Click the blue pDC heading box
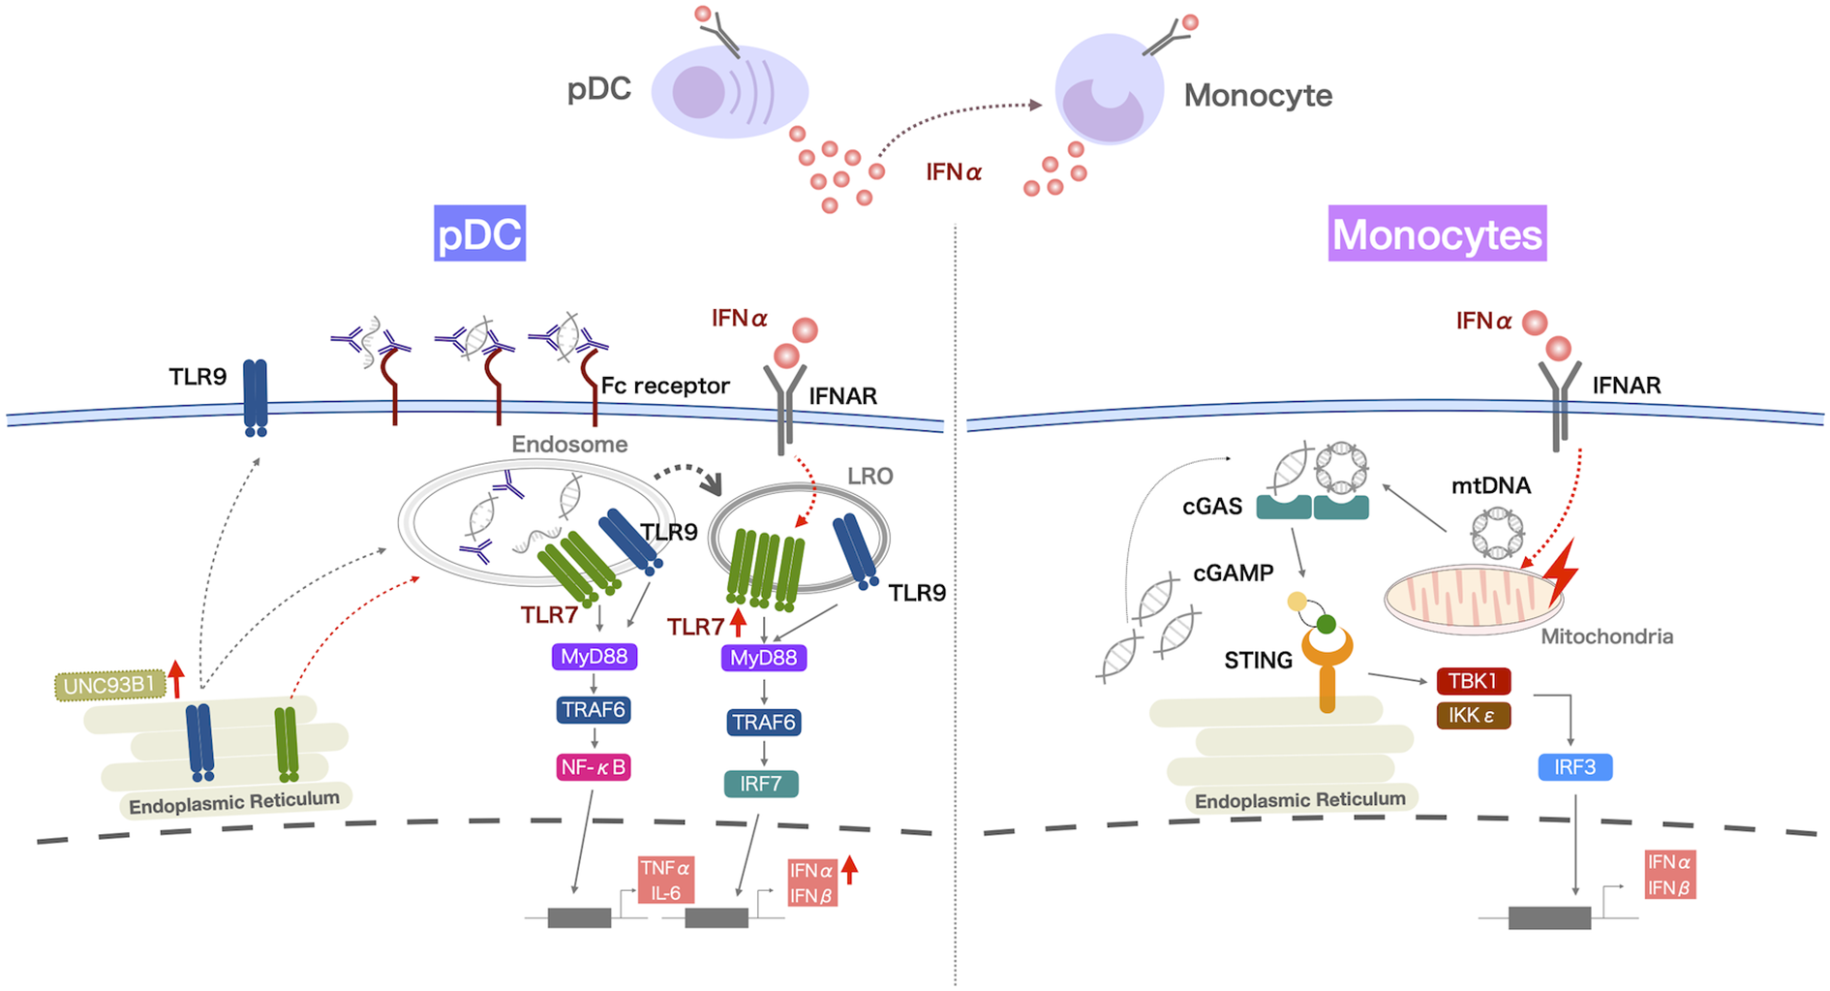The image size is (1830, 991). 479,233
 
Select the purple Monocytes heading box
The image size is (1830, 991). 1437,233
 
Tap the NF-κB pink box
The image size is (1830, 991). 594,767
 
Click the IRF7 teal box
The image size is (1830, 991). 761,783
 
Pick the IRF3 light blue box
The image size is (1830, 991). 1574,767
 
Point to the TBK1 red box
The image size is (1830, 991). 1473,681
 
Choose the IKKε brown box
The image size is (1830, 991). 1473,716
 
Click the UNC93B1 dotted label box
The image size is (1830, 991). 108,686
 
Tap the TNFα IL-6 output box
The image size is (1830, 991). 665,880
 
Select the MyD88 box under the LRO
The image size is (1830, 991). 763,658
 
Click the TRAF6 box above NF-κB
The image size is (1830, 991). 594,709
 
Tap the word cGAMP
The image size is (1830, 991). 1233,573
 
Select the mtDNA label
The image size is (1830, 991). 1490,485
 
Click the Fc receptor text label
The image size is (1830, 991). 664,386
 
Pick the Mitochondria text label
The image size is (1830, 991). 1606,636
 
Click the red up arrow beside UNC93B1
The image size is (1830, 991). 176,678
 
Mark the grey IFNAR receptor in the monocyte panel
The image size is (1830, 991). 1559,402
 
